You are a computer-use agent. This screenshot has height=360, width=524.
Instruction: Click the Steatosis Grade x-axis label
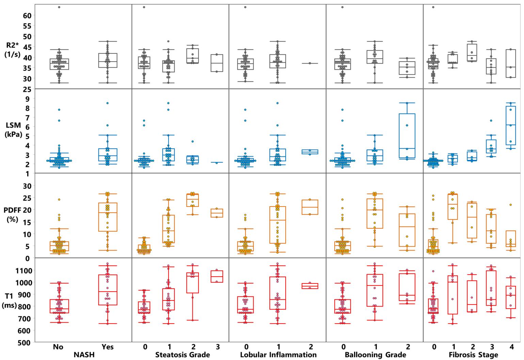pos(182,355)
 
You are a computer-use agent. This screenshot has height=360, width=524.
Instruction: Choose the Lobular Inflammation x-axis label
pos(278,355)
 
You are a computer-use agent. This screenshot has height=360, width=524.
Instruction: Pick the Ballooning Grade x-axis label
pos(376,355)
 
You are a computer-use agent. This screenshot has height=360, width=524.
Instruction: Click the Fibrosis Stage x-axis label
pos(473,355)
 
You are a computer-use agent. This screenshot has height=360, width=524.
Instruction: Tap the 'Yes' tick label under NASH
pos(108,347)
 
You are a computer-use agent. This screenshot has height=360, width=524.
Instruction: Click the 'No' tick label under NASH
pos(58,347)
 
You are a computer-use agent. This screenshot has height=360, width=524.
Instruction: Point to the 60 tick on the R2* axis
pos(27,15)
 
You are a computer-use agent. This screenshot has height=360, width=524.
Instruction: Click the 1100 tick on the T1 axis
pos(25,271)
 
